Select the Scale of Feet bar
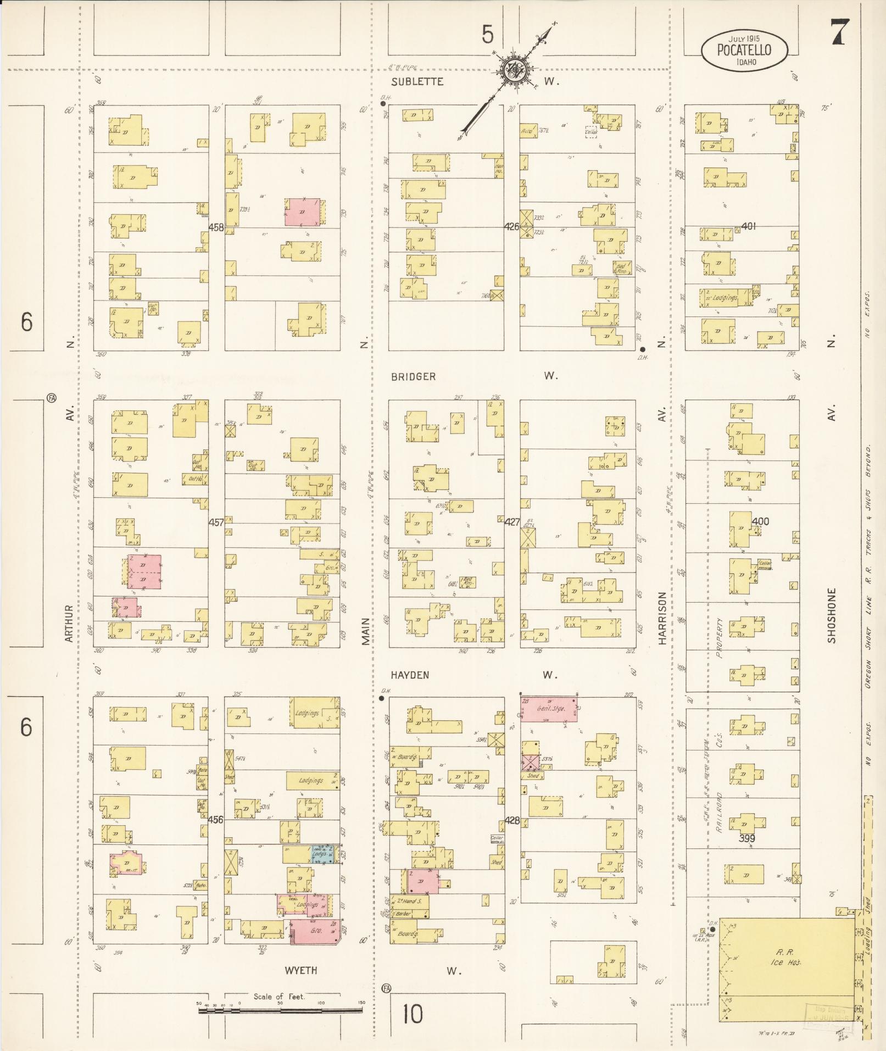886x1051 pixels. [281, 1010]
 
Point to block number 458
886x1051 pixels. [216, 227]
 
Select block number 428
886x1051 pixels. [512, 820]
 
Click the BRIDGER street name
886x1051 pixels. [413, 377]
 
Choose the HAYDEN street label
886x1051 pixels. [410, 675]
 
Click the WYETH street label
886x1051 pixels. [300, 971]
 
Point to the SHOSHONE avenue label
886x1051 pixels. [832, 616]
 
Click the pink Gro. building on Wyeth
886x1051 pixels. [315, 932]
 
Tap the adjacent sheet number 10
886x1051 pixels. [413, 1014]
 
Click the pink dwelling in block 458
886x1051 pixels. [302, 212]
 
